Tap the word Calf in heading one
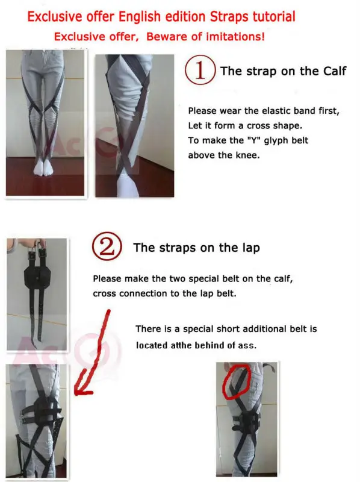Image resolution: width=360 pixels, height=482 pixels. click(332, 71)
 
